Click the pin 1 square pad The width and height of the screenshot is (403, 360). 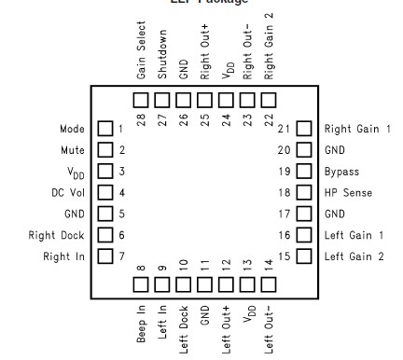pyautogui.click(x=105, y=129)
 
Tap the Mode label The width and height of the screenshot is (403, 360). pyautogui.click(x=72, y=129)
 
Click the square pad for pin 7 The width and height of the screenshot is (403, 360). pyautogui.click(x=105, y=256)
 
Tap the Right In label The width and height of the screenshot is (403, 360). pyautogui.click(x=63, y=256)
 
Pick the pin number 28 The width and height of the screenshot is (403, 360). pyautogui.click(x=141, y=118)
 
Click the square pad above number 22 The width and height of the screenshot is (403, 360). pyautogui.click(x=269, y=99)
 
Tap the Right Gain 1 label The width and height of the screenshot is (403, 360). pyautogui.click(x=357, y=129)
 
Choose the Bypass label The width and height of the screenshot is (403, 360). pyautogui.click(x=340, y=172)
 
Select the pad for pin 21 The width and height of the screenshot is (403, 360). pyautogui.click(x=303, y=129)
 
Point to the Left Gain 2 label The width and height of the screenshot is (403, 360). pyautogui.click(x=354, y=256)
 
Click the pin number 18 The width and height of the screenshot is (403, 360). pyautogui.click(x=285, y=193)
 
